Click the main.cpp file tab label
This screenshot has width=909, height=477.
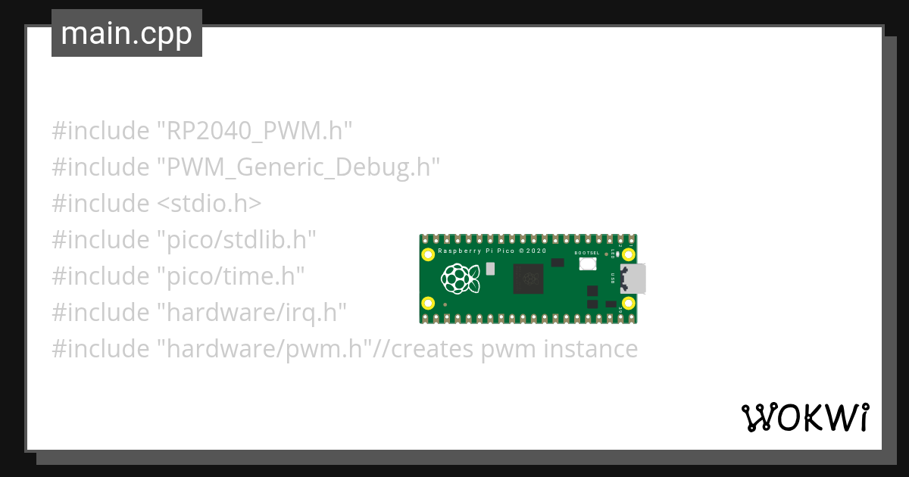(x=127, y=33)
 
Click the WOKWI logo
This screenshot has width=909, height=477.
(x=804, y=417)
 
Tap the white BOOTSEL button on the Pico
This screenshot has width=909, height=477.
(x=587, y=264)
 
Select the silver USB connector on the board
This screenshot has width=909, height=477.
(x=633, y=279)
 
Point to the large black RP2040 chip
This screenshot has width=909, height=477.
(x=528, y=279)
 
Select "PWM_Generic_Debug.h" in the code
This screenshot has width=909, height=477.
(x=298, y=167)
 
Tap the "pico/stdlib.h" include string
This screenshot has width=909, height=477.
(x=236, y=240)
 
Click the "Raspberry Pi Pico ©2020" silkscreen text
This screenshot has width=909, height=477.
(x=492, y=251)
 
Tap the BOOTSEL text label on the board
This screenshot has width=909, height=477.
(x=587, y=253)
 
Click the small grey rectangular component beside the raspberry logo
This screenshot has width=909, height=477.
(x=491, y=268)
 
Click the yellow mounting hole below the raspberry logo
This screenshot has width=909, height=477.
(x=429, y=304)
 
